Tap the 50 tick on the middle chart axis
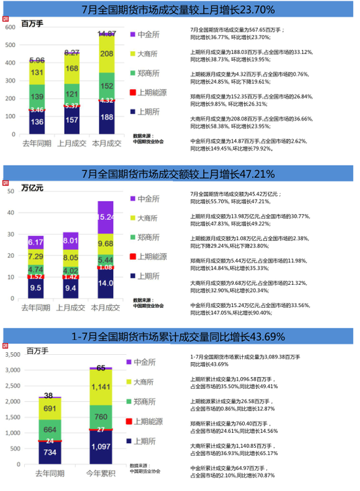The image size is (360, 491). click(11, 190)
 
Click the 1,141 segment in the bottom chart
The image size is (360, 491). click(101, 387)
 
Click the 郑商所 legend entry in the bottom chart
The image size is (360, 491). click(149, 401)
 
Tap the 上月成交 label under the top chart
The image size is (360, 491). click(71, 143)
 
